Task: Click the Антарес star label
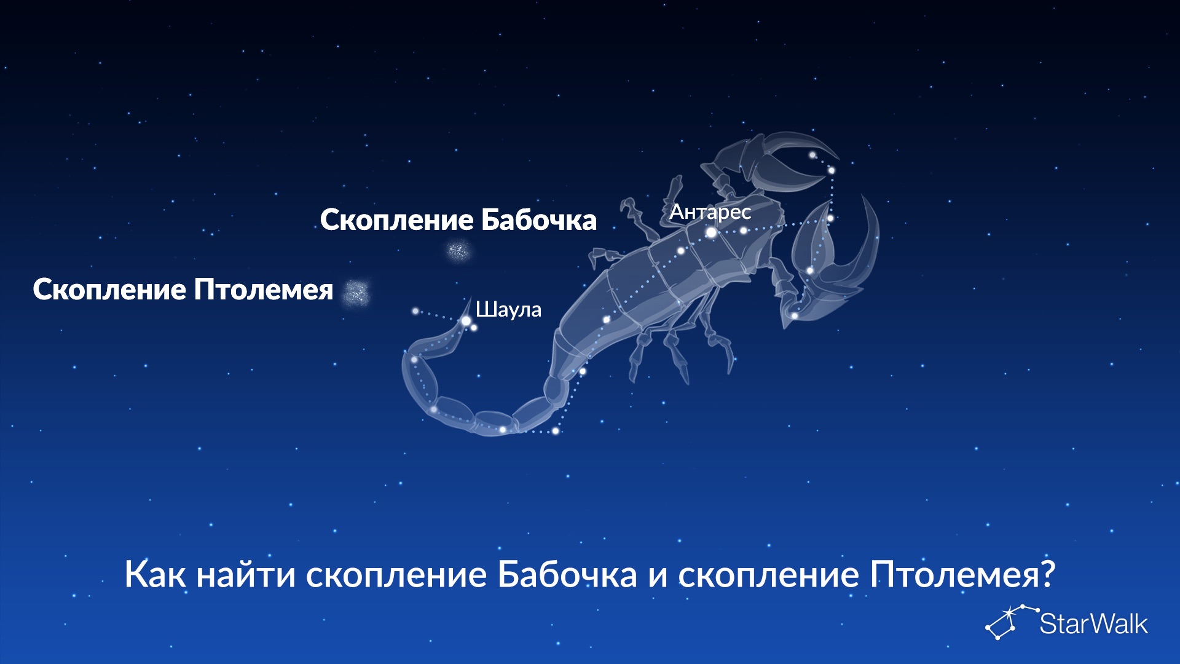[x=710, y=211]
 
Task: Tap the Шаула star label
[x=508, y=309]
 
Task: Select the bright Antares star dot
[x=711, y=232]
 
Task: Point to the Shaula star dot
[x=466, y=321]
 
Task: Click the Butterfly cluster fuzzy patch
[x=458, y=251]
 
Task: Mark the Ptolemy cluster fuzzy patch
[x=356, y=293]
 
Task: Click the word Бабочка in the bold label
[x=538, y=220]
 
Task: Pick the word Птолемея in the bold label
[x=264, y=290]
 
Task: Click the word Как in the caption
[x=155, y=574]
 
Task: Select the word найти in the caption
[x=246, y=574]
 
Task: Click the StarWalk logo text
[x=1093, y=624]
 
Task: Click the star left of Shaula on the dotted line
[x=415, y=311]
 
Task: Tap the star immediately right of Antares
[x=743, y=231]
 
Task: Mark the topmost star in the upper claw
[x=812, y=155]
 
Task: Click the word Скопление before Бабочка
[x=397, y=220]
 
